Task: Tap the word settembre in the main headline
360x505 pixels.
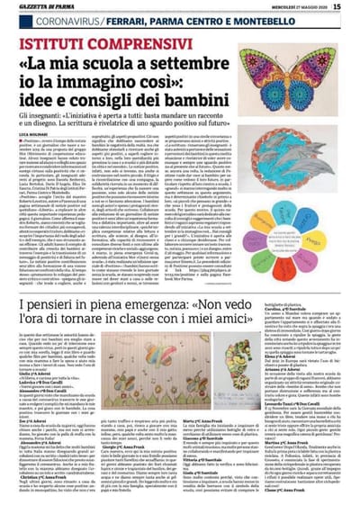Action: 193,64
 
